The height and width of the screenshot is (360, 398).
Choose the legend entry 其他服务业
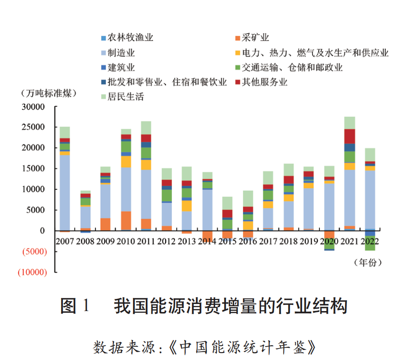click(x=264, y=82)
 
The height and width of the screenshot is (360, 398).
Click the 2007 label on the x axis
click(x=65, y=241)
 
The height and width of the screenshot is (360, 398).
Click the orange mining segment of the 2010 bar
click(x=126, y=221)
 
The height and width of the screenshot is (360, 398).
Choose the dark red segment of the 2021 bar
click(x=350, y=136)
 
